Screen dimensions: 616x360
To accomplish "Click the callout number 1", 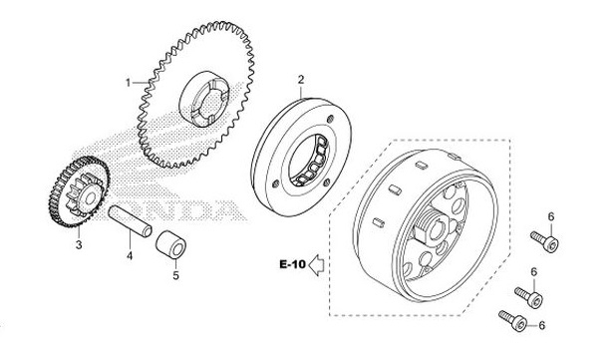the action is click(x=128, y=83).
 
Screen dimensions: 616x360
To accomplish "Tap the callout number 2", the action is click(x=301, y=80).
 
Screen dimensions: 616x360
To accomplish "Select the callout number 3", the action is click(x=79, y=244).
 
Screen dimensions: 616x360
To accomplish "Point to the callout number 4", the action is click(x=130, y=256).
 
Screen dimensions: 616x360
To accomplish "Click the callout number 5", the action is click(x=175, y=275).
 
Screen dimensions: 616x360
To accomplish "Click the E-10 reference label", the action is click(x=292, y=264).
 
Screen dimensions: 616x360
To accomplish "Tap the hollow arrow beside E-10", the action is click(x=316, y=265).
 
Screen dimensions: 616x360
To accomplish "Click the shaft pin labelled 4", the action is click(x=130, y=220).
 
